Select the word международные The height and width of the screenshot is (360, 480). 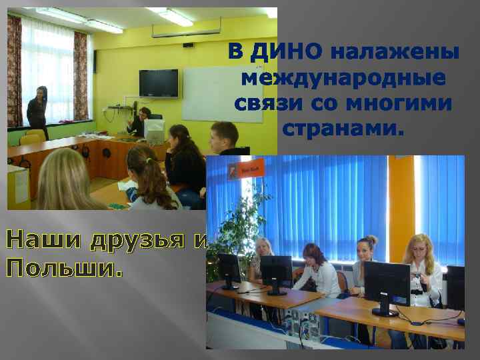pyautogui.click(x=343, y=79)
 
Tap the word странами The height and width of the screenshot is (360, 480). pyautogui.click(x=343, y=127)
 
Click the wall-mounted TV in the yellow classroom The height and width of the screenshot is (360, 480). pyautogui.click(x=158, y=83)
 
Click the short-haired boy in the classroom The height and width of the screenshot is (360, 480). pyautogui.click(x=225, y=140)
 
